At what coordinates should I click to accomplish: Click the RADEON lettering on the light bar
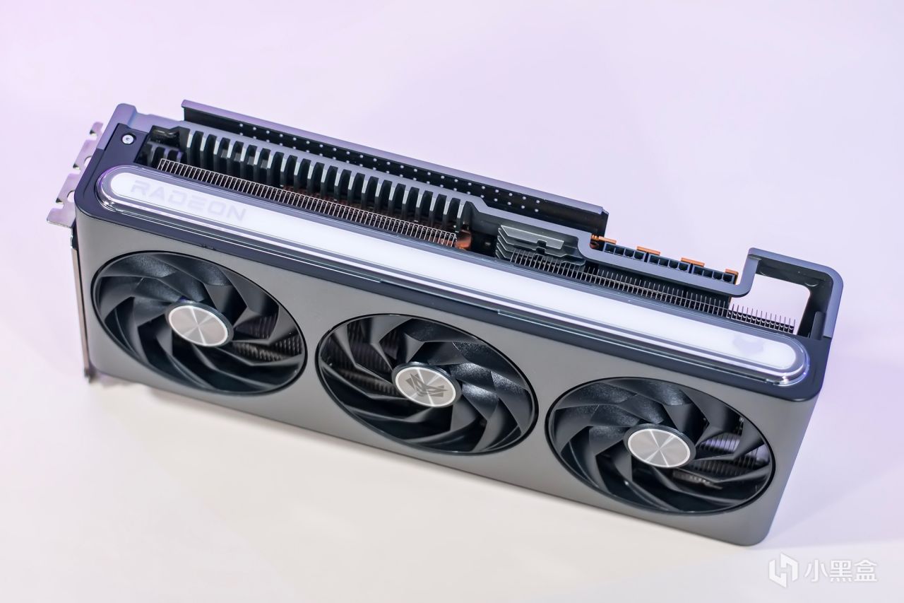click(x=189, y=200)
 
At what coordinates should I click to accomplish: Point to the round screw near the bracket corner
click(x=129, y=140)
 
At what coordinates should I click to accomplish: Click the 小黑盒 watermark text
click(x=847, y=570)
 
